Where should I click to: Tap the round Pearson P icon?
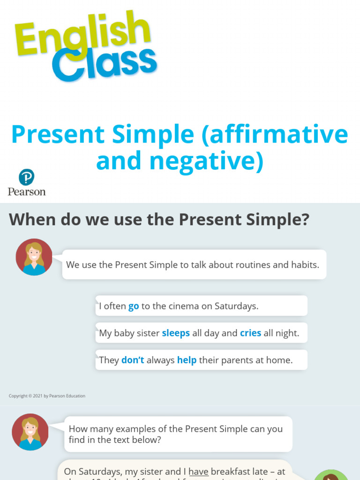point(27,177)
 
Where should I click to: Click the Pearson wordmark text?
point(27,192)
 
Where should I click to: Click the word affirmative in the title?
point(275,135)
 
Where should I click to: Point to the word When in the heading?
point(32,219)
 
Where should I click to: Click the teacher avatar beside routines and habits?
point(34,257)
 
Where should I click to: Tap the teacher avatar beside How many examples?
point(30,432)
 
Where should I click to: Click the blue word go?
point(134,306)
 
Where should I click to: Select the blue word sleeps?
point(176,333)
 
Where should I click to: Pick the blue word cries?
point(250,333)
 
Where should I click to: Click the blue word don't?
point(133,360)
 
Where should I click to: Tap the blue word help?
point(187,360)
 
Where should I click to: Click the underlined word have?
point(199,471)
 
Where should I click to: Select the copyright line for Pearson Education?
point(47,396)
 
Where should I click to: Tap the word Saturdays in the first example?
point(236,306)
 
